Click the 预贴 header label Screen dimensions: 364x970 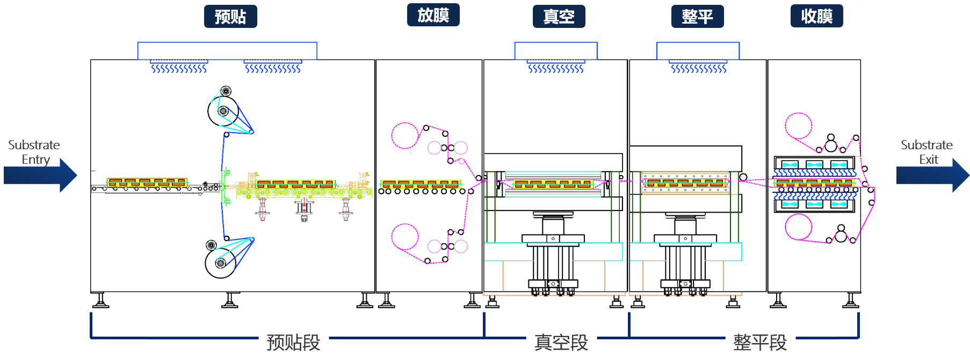tap(230, 17)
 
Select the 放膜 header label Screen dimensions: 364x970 tap(433, 15)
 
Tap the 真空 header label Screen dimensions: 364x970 tap(559, 17)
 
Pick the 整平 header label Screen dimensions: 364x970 tap(697, 17)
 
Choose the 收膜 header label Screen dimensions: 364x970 tap(816, 16)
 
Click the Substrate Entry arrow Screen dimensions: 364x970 tap(41, 175)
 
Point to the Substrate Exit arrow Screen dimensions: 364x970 tap(932, 175)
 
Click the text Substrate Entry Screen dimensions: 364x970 tap(34, 152)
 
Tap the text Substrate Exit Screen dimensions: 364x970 tap(926, 152)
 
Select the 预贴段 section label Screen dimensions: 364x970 tap(293, 342)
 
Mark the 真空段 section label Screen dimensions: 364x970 tap(561, 342)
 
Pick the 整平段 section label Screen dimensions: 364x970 tap(760, 342)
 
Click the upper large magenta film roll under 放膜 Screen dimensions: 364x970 tap(404, 135)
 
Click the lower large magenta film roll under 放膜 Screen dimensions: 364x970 tap(404, 236)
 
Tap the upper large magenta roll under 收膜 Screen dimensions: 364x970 tap(799, 126)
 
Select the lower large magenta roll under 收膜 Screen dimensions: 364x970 tap(799, 226)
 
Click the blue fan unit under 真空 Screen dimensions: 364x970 tap(556, 56)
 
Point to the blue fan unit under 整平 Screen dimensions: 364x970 tap(698, 56)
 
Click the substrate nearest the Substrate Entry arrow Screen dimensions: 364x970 tap(147, 183)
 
